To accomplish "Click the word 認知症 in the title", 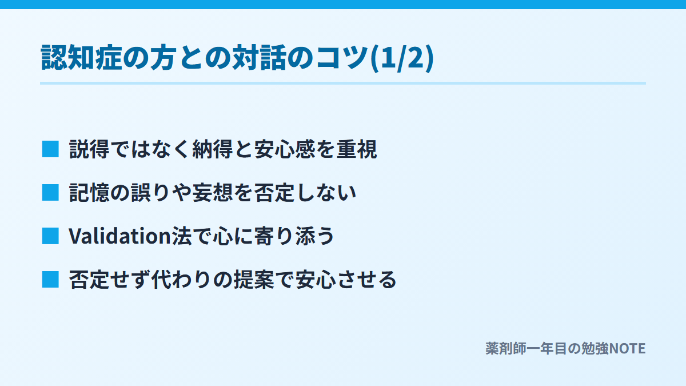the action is pyautogui.click(x=82, y=58).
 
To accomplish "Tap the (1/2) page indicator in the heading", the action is pyautogui.click(x=402, y=58).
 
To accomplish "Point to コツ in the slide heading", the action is pyautogui.click(x=342, y=58).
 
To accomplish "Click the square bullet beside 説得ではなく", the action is pyautogui.click(x=50, y=149).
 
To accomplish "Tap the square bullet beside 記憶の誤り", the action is pyautogui.click(x=50, y=193).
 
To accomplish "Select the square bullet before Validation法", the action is pyautogui.click(x=50, y=236).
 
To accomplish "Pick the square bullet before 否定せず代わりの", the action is pyautogui.click(x=50, y=280).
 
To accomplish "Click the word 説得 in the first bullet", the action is pyautogui.click(x=89, y=149).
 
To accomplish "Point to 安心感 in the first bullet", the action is pyautogui.click(x=285, y=149).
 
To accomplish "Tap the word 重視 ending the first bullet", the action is pyautogui.click(x=357, y=149).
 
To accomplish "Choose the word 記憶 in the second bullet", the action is pyautogui.click(x=89, y=193).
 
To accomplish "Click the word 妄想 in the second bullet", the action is pyautogui.click(x=213, y=193).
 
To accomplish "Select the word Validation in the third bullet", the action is pyautogui.click(x=119, y=236).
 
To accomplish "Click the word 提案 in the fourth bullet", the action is pyautogui.click(x=254, y=280).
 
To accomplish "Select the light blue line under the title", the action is pyautogui.click(x=343, y=83).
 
